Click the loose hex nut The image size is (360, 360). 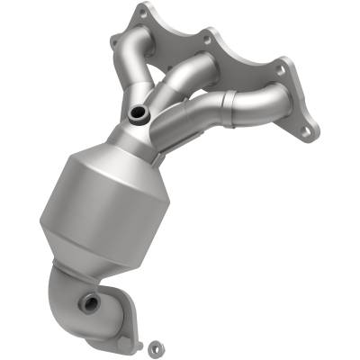point(154,344)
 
